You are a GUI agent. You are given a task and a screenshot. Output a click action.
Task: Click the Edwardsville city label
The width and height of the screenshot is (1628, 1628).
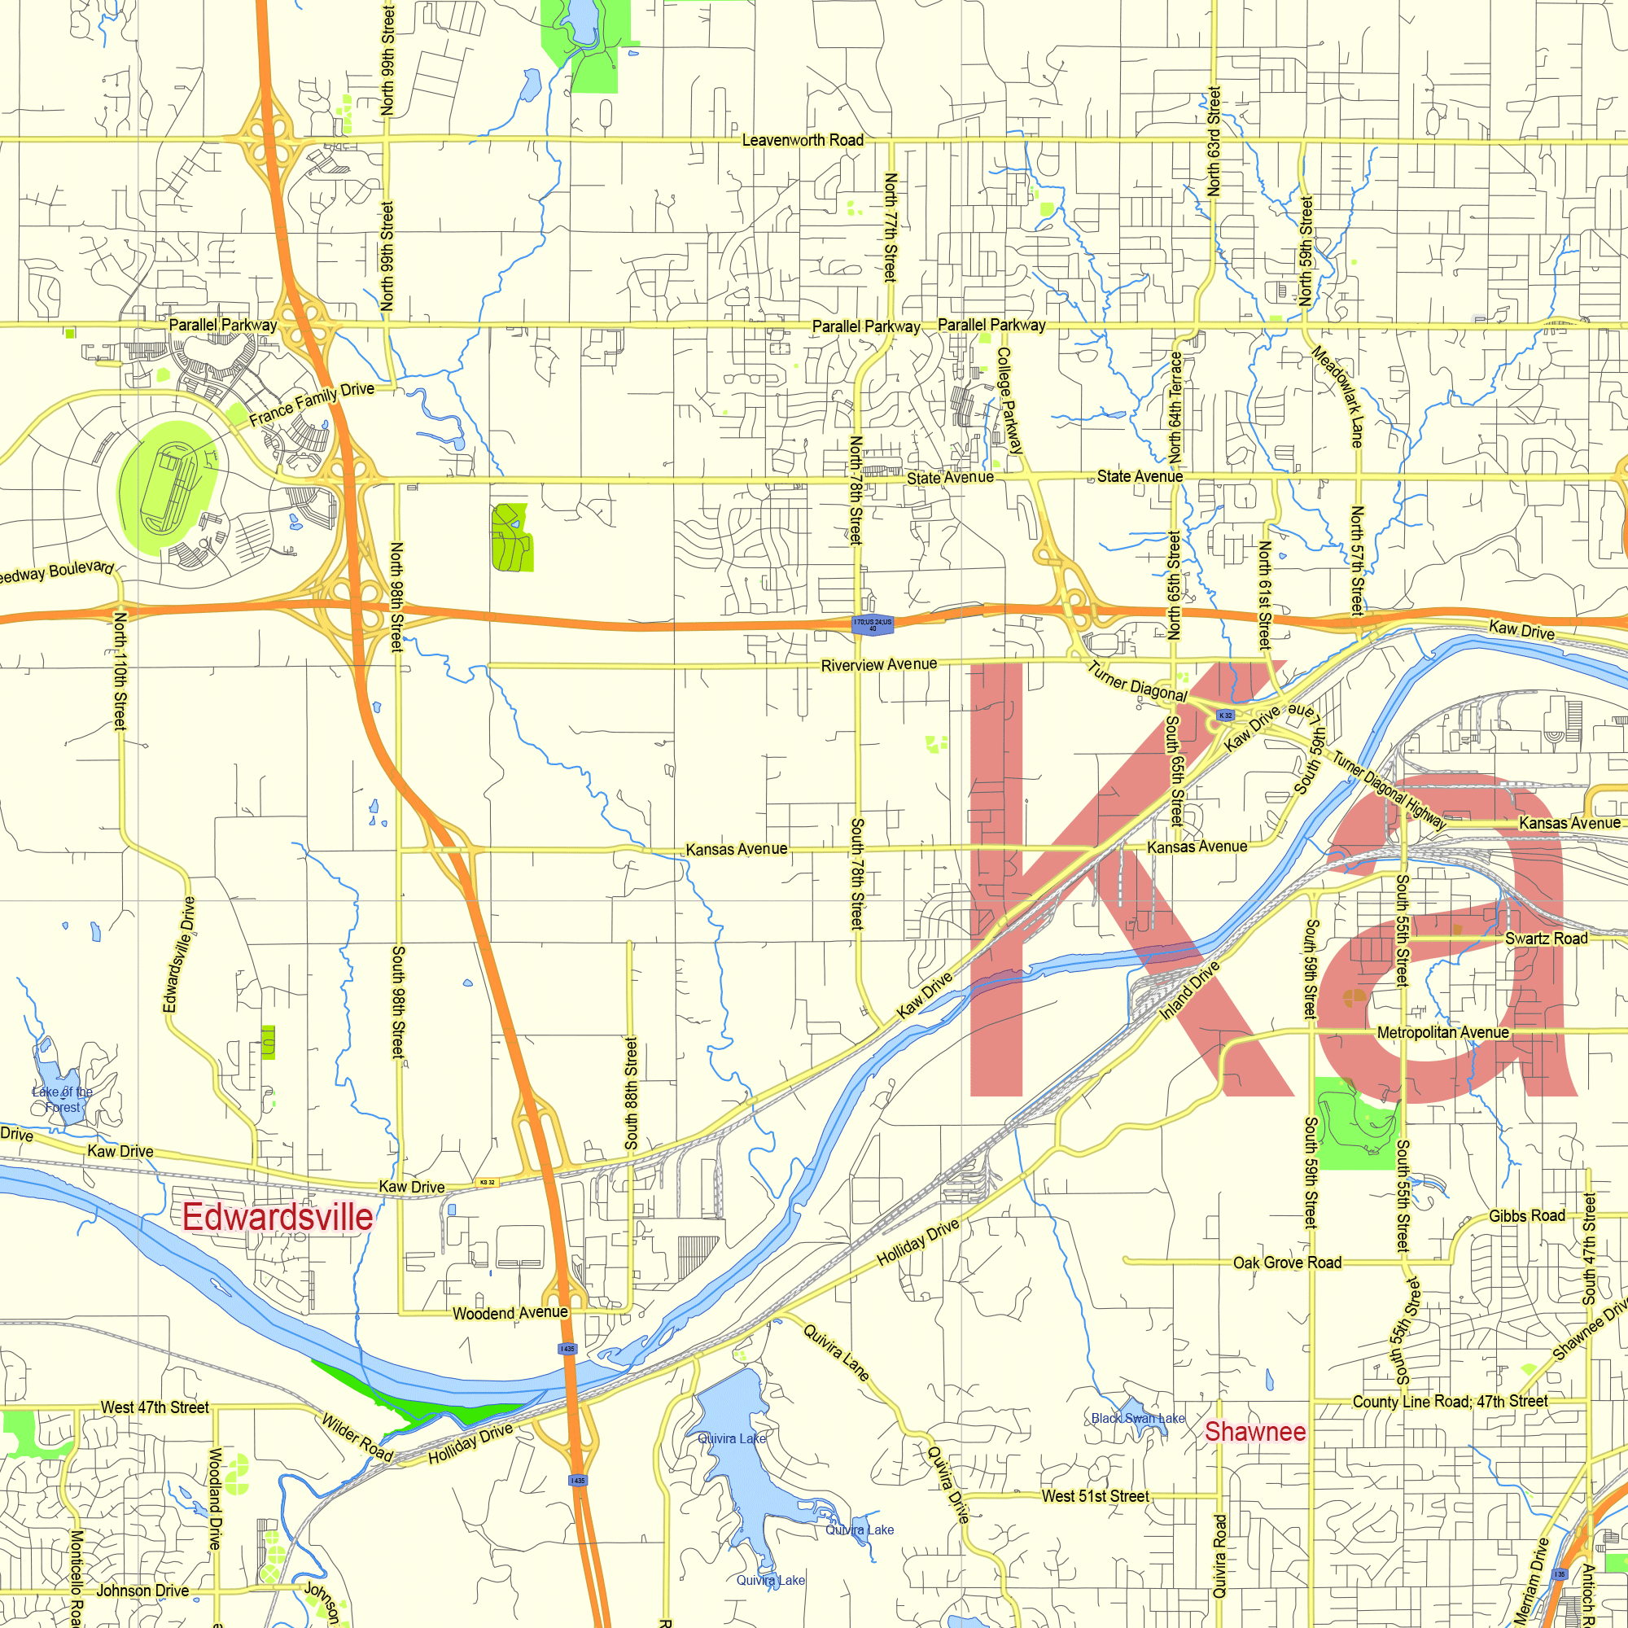point(278,1218)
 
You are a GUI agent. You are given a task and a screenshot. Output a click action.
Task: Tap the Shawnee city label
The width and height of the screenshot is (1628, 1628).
point(1254,1432)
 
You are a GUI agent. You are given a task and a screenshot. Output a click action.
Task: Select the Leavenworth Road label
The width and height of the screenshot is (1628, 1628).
point(803,140)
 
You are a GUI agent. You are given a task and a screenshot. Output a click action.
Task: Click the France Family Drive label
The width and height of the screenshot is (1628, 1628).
point(312,404)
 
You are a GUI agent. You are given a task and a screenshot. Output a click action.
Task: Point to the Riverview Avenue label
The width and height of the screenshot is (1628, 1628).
point(879,665)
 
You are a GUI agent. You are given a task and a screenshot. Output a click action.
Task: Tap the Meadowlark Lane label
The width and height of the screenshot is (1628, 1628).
point(1337,396)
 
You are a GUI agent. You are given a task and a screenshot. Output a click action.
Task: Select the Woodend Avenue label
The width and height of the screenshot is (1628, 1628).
point(510,1313)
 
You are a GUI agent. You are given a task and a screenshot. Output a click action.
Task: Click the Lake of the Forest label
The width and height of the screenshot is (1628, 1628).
point(63,1100)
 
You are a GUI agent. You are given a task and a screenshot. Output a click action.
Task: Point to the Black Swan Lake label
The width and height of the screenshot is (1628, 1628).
point(1138,1418)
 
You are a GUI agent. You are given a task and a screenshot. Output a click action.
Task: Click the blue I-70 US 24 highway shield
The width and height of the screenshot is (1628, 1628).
point(872,624)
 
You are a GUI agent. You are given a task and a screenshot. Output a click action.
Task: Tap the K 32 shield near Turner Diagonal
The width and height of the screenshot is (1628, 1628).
point(1225,716)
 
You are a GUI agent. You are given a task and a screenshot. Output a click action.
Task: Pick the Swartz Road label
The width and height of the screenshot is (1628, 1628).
point(1547,939)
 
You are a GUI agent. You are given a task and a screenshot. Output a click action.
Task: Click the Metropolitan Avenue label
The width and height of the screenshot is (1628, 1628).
point(1442,1032)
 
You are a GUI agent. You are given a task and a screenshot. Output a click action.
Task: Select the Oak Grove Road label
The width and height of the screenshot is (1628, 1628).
point(1287,1263)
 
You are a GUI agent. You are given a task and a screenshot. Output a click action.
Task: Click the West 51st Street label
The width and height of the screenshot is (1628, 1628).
point(1095,1495)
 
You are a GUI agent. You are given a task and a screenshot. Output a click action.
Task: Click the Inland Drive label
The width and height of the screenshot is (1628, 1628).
point(1190,991)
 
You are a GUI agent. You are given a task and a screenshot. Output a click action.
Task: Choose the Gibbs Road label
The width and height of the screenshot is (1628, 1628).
point(1526,1215)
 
